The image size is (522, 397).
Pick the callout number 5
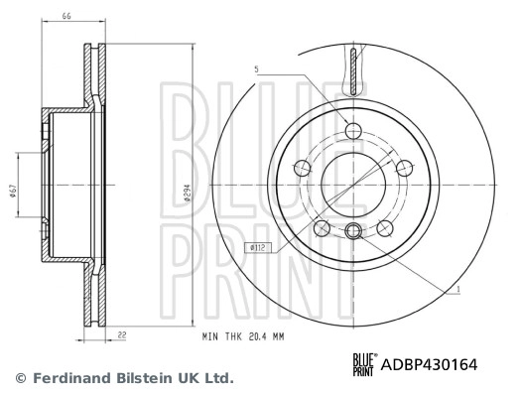click(255, 69)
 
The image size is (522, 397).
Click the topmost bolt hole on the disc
click(354, 130)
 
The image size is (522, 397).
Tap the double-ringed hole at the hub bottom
click(354, 231)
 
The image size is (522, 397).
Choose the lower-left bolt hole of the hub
click(322, 228)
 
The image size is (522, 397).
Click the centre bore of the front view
click(354, 185)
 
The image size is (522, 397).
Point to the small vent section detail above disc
click(354, 68)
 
